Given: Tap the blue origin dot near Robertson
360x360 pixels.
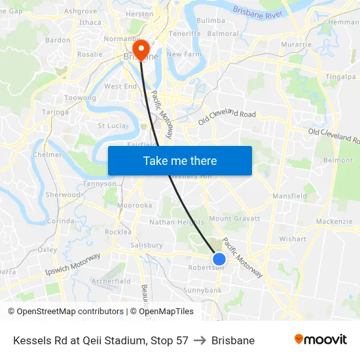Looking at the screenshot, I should (x=219, y=259).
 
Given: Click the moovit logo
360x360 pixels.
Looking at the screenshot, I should (x=320, y=340).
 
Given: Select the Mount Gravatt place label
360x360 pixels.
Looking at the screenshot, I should (x=234, y=219).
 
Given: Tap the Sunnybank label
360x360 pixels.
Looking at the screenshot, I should (x=202, y=289).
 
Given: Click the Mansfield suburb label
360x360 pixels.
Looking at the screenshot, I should (x=289, y=196).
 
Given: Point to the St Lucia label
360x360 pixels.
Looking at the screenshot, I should (x=111, y=125).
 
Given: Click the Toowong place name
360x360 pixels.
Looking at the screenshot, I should (x=80, y=98).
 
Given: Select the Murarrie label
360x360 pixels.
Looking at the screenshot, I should (x=296, y=44).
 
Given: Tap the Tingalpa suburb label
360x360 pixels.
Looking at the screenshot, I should (x=340, y=77).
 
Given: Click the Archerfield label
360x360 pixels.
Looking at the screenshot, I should (x=111, y=281).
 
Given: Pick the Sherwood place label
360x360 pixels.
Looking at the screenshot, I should (x=63, y=194).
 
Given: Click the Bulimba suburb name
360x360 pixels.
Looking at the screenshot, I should (x=210, y=20).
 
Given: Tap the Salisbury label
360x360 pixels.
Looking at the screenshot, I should (x=146, y=245).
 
